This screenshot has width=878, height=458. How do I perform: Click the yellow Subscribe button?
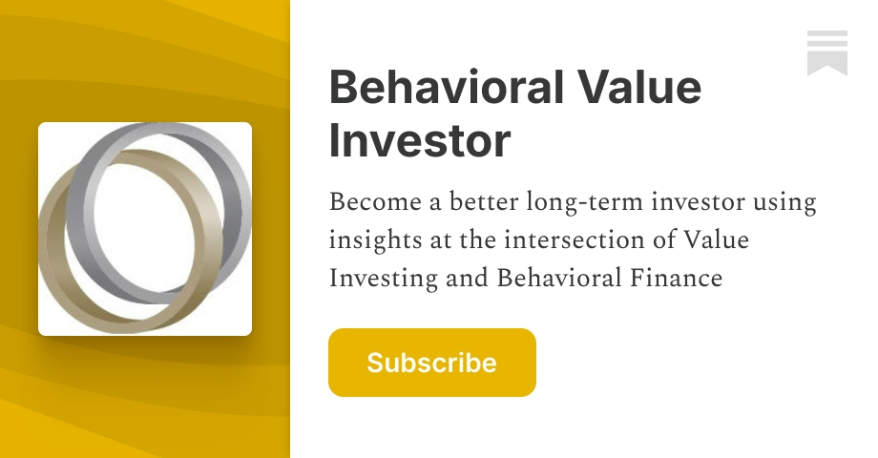pyautogui.click(x=431, y=363)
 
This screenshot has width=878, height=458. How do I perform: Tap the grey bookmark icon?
pyautogui.click(x=826, y=52)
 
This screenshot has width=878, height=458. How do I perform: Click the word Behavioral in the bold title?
pyautogui.click(x=445, y=89)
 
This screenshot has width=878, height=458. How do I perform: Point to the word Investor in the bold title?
pyautogui.click(x=420, y=139)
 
